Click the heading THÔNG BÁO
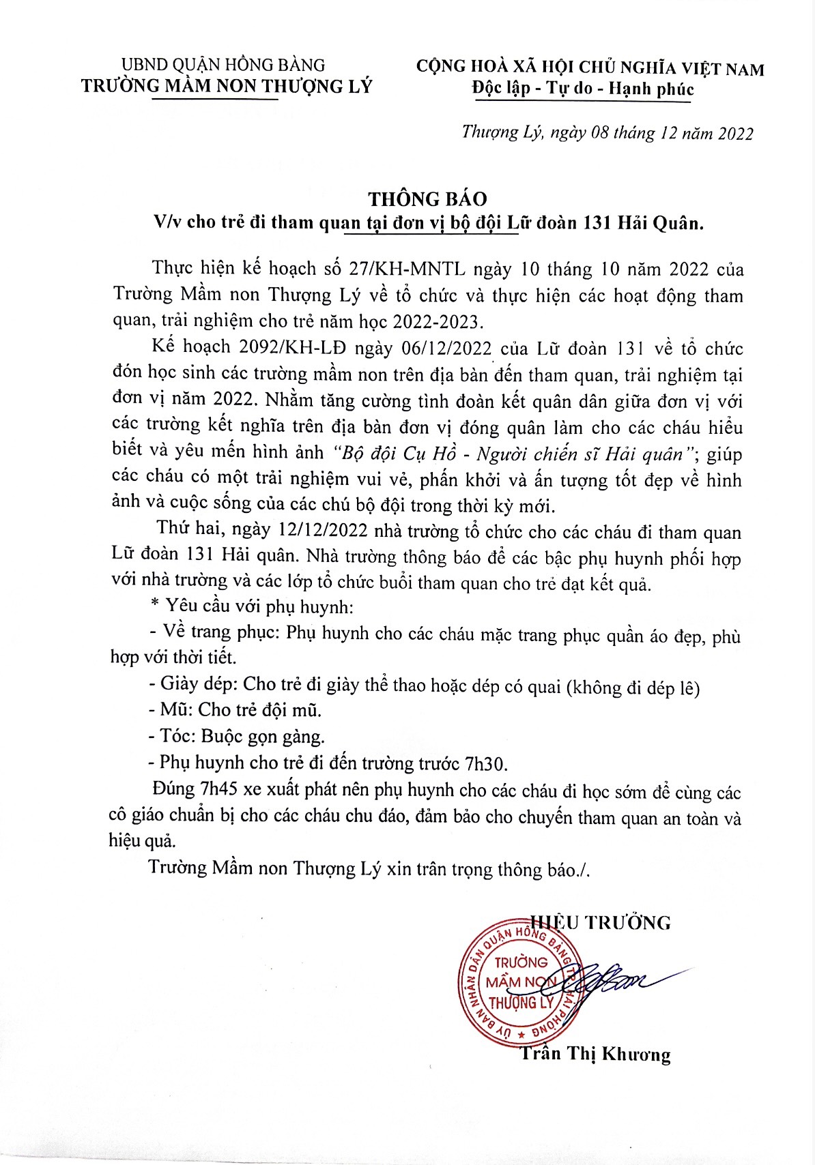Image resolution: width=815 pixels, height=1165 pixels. (x=427, y=198)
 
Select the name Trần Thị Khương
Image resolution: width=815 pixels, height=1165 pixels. (x=596, y=1054)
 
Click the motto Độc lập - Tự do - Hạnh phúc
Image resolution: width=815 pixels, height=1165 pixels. (x=582, y=89)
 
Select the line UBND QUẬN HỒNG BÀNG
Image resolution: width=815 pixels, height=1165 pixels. (x=223, y=65)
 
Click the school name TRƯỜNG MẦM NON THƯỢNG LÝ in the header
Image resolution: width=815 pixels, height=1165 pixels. (x=227, y=86)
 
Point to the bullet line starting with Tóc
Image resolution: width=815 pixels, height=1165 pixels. (x=236, y=736)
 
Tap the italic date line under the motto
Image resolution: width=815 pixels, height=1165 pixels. (x=607, y=132)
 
